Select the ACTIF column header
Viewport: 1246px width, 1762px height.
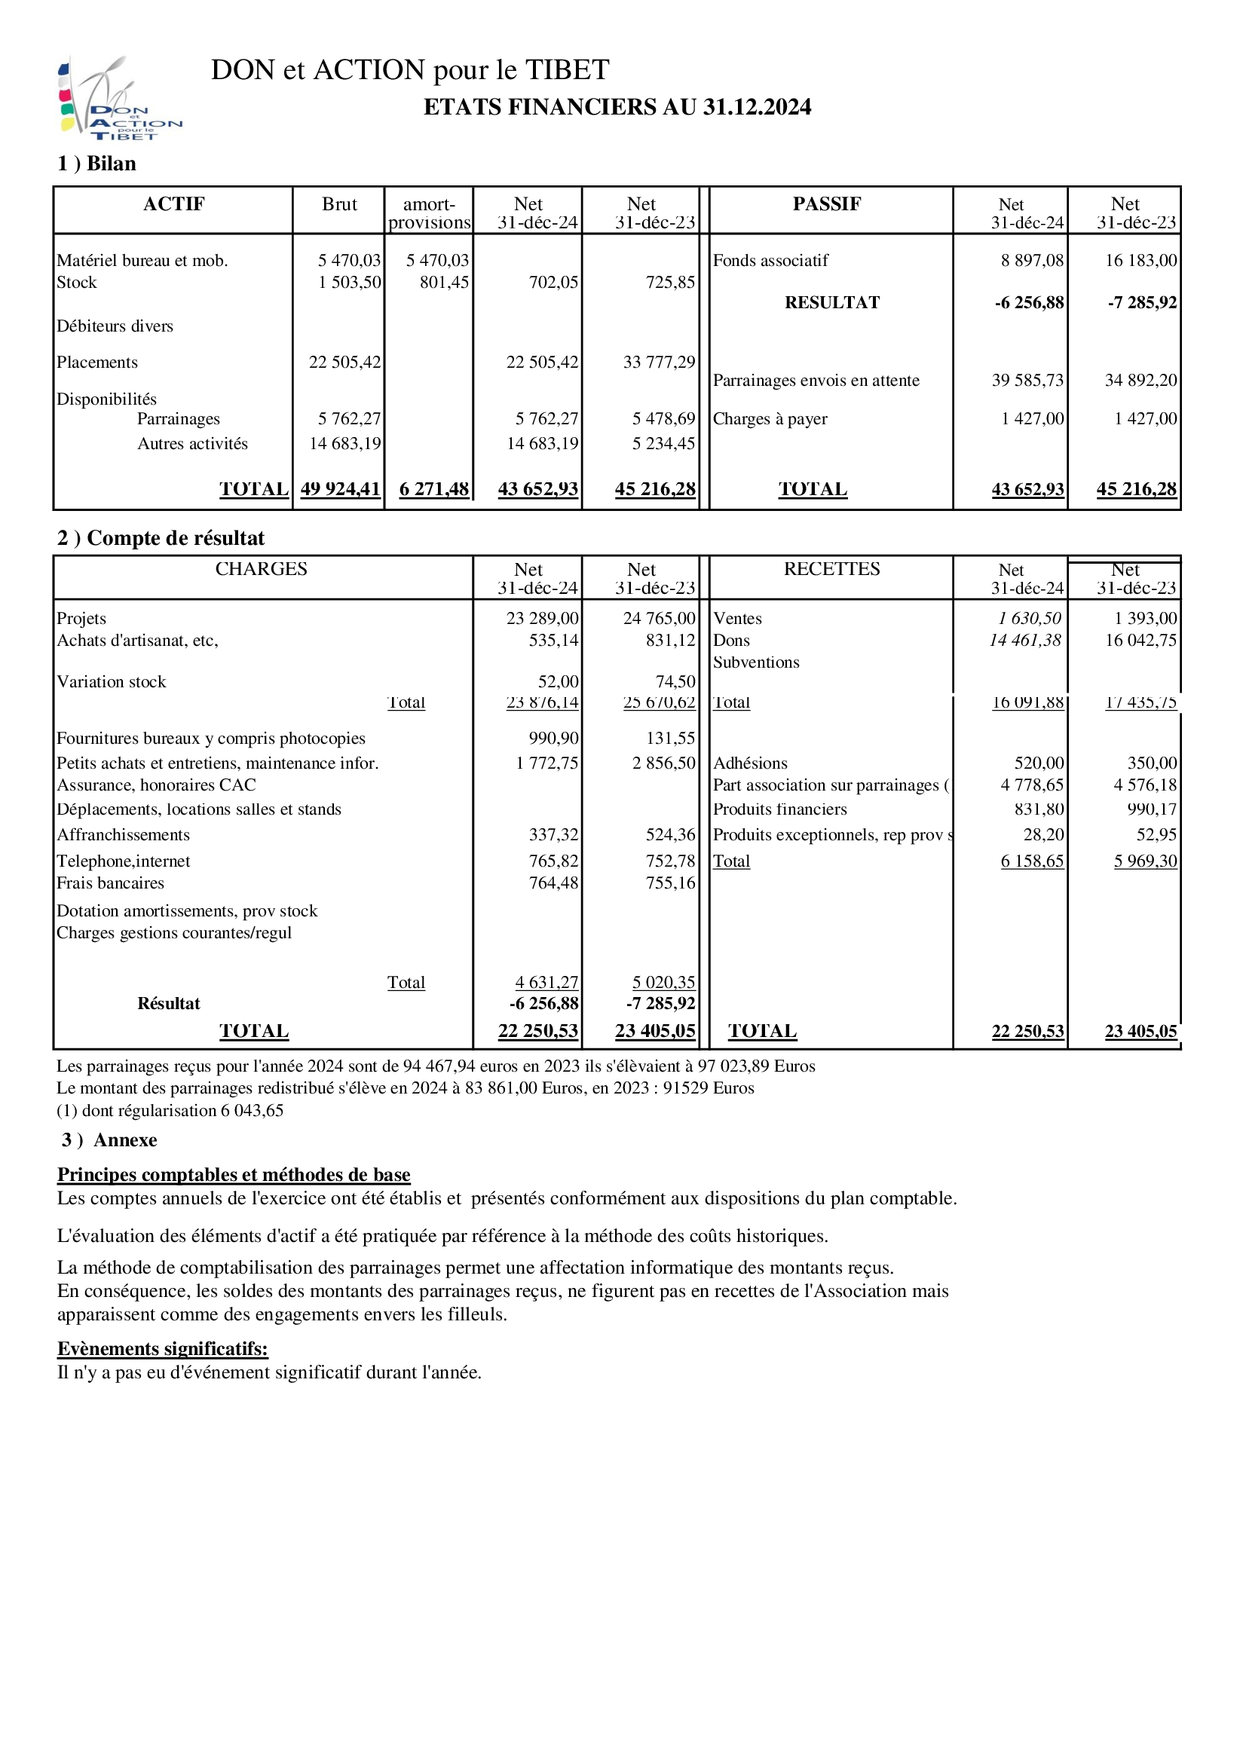(x=173, y=204)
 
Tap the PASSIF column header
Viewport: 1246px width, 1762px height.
(x=826, y=204)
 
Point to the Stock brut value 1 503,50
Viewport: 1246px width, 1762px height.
(x=349, y=283)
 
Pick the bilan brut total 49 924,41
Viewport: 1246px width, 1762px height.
(x=340, y=489)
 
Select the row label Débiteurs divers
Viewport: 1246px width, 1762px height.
(x=115, y=326)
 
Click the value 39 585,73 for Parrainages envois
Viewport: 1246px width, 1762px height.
(x=1027, y=381)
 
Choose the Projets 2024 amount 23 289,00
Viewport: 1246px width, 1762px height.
(x=542, y=619)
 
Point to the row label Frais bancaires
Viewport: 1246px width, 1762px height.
(x=111, y=883)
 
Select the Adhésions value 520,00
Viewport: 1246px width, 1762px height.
(x=1039, y=763)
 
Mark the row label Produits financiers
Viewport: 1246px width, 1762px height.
(x=779, y=809)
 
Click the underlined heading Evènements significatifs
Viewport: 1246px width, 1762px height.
(x=163, y=1348)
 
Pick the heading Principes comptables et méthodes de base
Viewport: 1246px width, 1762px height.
(x=234, y=1175)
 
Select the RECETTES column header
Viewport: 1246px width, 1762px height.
(x=831, y=570)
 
